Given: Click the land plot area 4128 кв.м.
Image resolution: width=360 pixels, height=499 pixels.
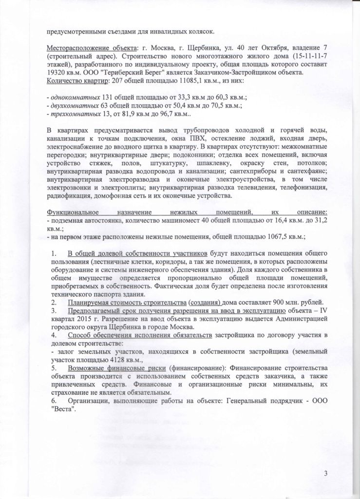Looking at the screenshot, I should pyautogui.click(x=118, y=361).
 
